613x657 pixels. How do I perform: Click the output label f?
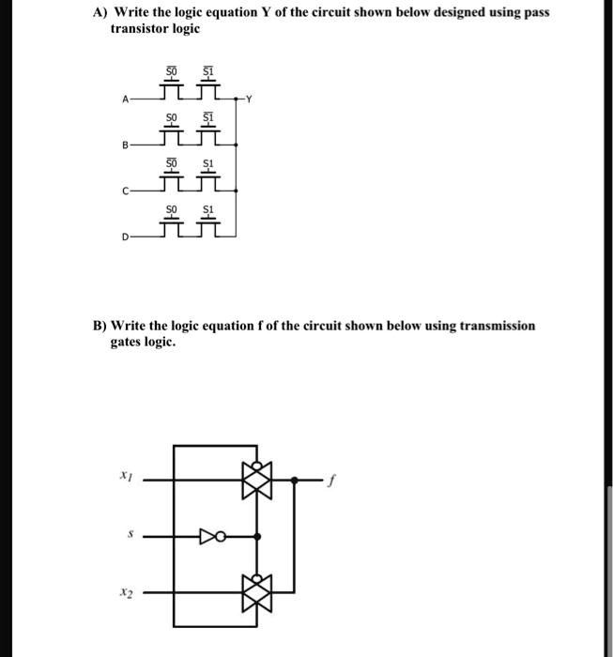tap(329, 480)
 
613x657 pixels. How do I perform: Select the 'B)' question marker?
tap(99, 326)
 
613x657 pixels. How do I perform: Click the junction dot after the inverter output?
tap(258, 537)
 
